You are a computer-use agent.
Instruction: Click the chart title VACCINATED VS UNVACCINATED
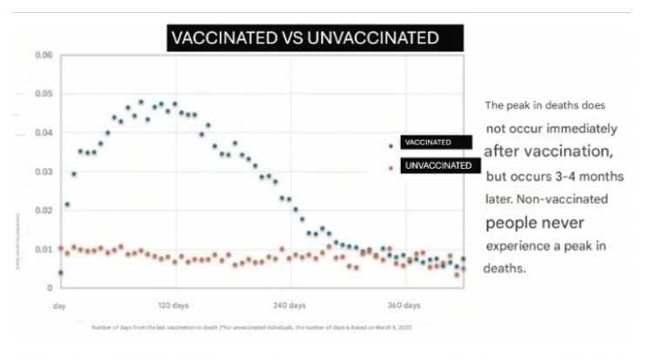tap(315, 38)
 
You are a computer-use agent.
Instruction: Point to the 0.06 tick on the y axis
tap(44, 55)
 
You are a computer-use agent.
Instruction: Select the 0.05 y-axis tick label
tap(44, 94)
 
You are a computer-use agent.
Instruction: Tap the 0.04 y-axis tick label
tap(44, 132)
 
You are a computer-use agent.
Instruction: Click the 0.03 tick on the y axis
tap(44, 171)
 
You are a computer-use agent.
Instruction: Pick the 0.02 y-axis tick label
tap(44, 210)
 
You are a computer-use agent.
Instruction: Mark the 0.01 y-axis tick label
tap(44, 249)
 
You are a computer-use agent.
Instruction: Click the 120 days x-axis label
tap(174, 306)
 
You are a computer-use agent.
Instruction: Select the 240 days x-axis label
tap(290, 306)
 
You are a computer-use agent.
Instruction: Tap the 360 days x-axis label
tap(404, 306)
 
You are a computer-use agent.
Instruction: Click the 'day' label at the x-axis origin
tap(60, 306)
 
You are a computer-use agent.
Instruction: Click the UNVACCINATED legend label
tap(440, 165)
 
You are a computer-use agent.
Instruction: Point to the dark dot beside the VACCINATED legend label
tap(390, 145)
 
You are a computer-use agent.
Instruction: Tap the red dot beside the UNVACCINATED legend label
tap(390, 167)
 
